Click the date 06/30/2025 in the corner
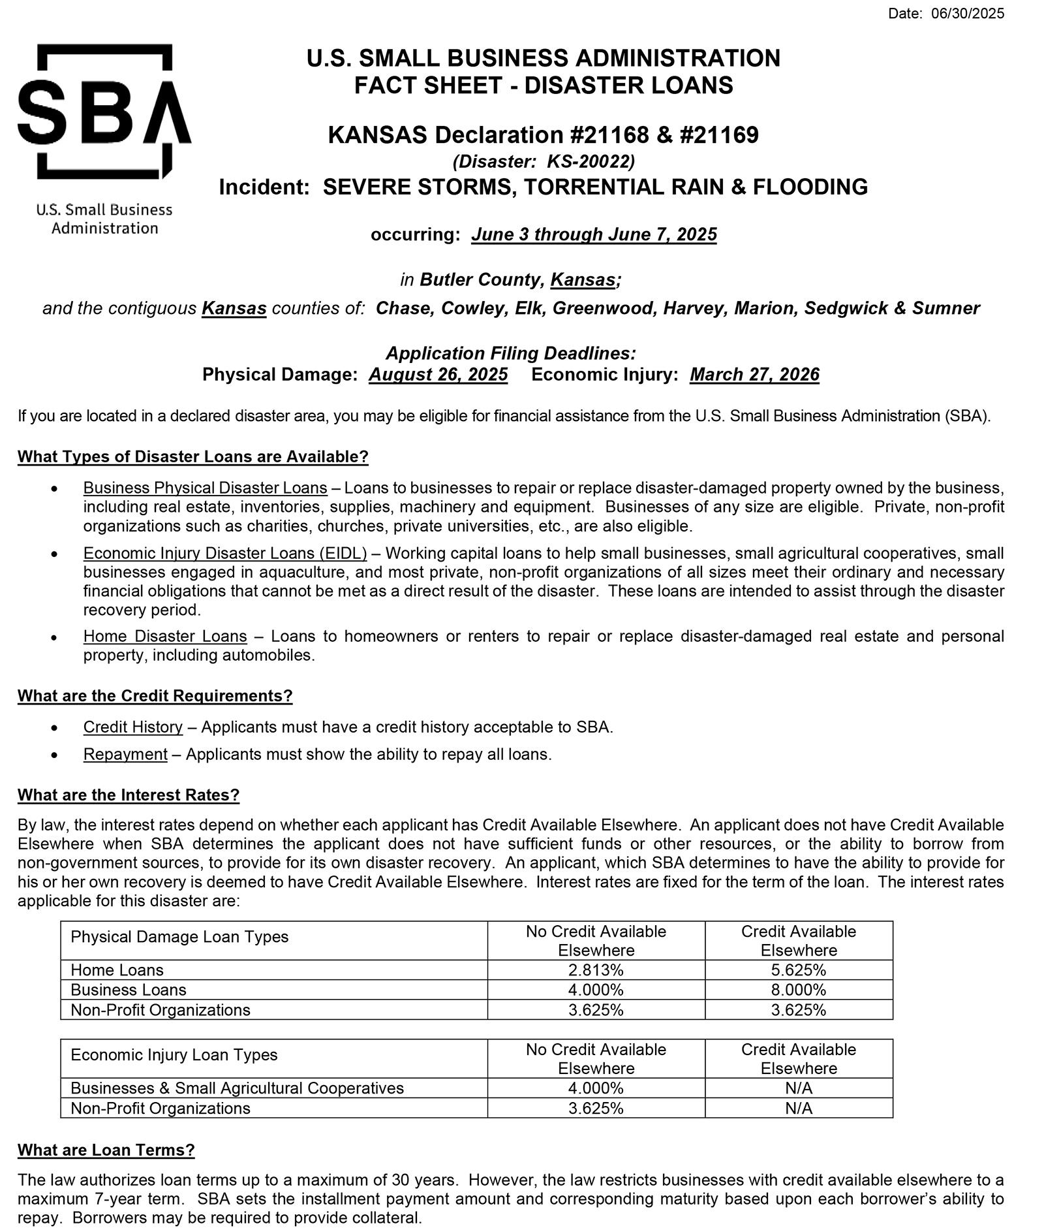tap(968, 14)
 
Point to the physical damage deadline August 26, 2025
tap(438, 375)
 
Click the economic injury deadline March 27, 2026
tap(754, 375)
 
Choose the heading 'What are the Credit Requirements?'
tap(155, 696)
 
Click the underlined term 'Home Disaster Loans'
tap(165, 636)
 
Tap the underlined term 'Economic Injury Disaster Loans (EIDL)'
tap(225, 554)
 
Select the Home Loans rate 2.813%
tap(596, 970)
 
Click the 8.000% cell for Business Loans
tap(798, 990)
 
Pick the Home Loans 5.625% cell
tap(798, 970)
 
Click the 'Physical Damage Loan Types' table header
tap(179, 937)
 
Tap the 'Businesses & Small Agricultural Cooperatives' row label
tap(237, 1088)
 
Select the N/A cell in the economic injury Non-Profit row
tap(798, 1108)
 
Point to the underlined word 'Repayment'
tap(125, 754)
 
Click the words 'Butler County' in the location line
tap(480, 280)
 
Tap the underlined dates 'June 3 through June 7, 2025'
tap(594, 234)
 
